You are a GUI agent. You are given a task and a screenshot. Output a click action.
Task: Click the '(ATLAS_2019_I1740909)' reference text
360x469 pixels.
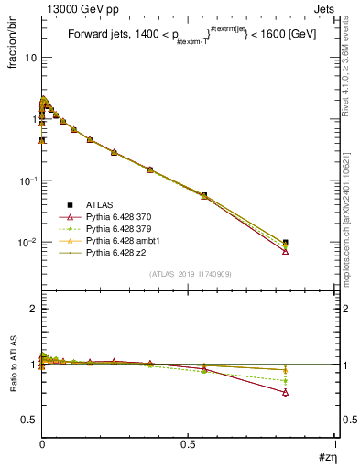[190, 275]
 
